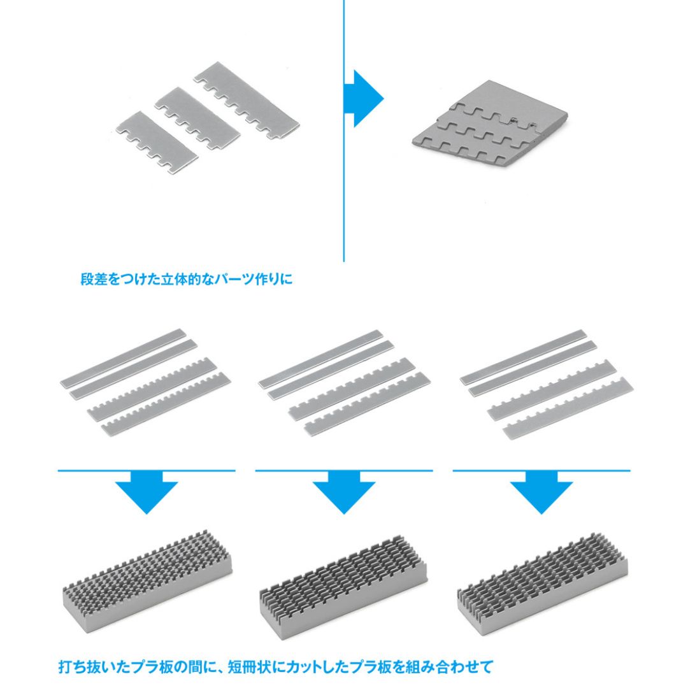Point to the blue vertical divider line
pyautogui.click(x=343, y=131)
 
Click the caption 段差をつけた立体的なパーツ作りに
pyautogui.click(x=186, y=279)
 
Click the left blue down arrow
pyautogui.click(x=147, y=491)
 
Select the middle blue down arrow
pyautogui.click(x=344, y=491)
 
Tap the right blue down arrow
pyautogui.click(x=541, y=491)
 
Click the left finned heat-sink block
pyautogui.click(x=148, y=579)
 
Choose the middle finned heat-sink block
pyautogui.click(x=343, y=584)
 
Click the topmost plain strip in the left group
pyautogui.click(x=124, y=357)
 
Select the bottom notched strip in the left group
pyautogui.click(x=166, y=404)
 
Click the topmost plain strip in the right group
pyautogui.click(x=523, y=357)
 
